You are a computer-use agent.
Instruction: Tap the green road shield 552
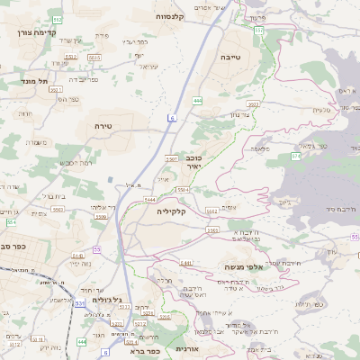(x=58, y=19)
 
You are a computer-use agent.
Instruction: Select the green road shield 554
(x=13, y=221)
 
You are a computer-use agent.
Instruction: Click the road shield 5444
(x=149, y=199)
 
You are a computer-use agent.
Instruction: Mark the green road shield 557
(x=259, y=31)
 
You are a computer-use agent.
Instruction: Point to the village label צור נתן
(x=238, y=114)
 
